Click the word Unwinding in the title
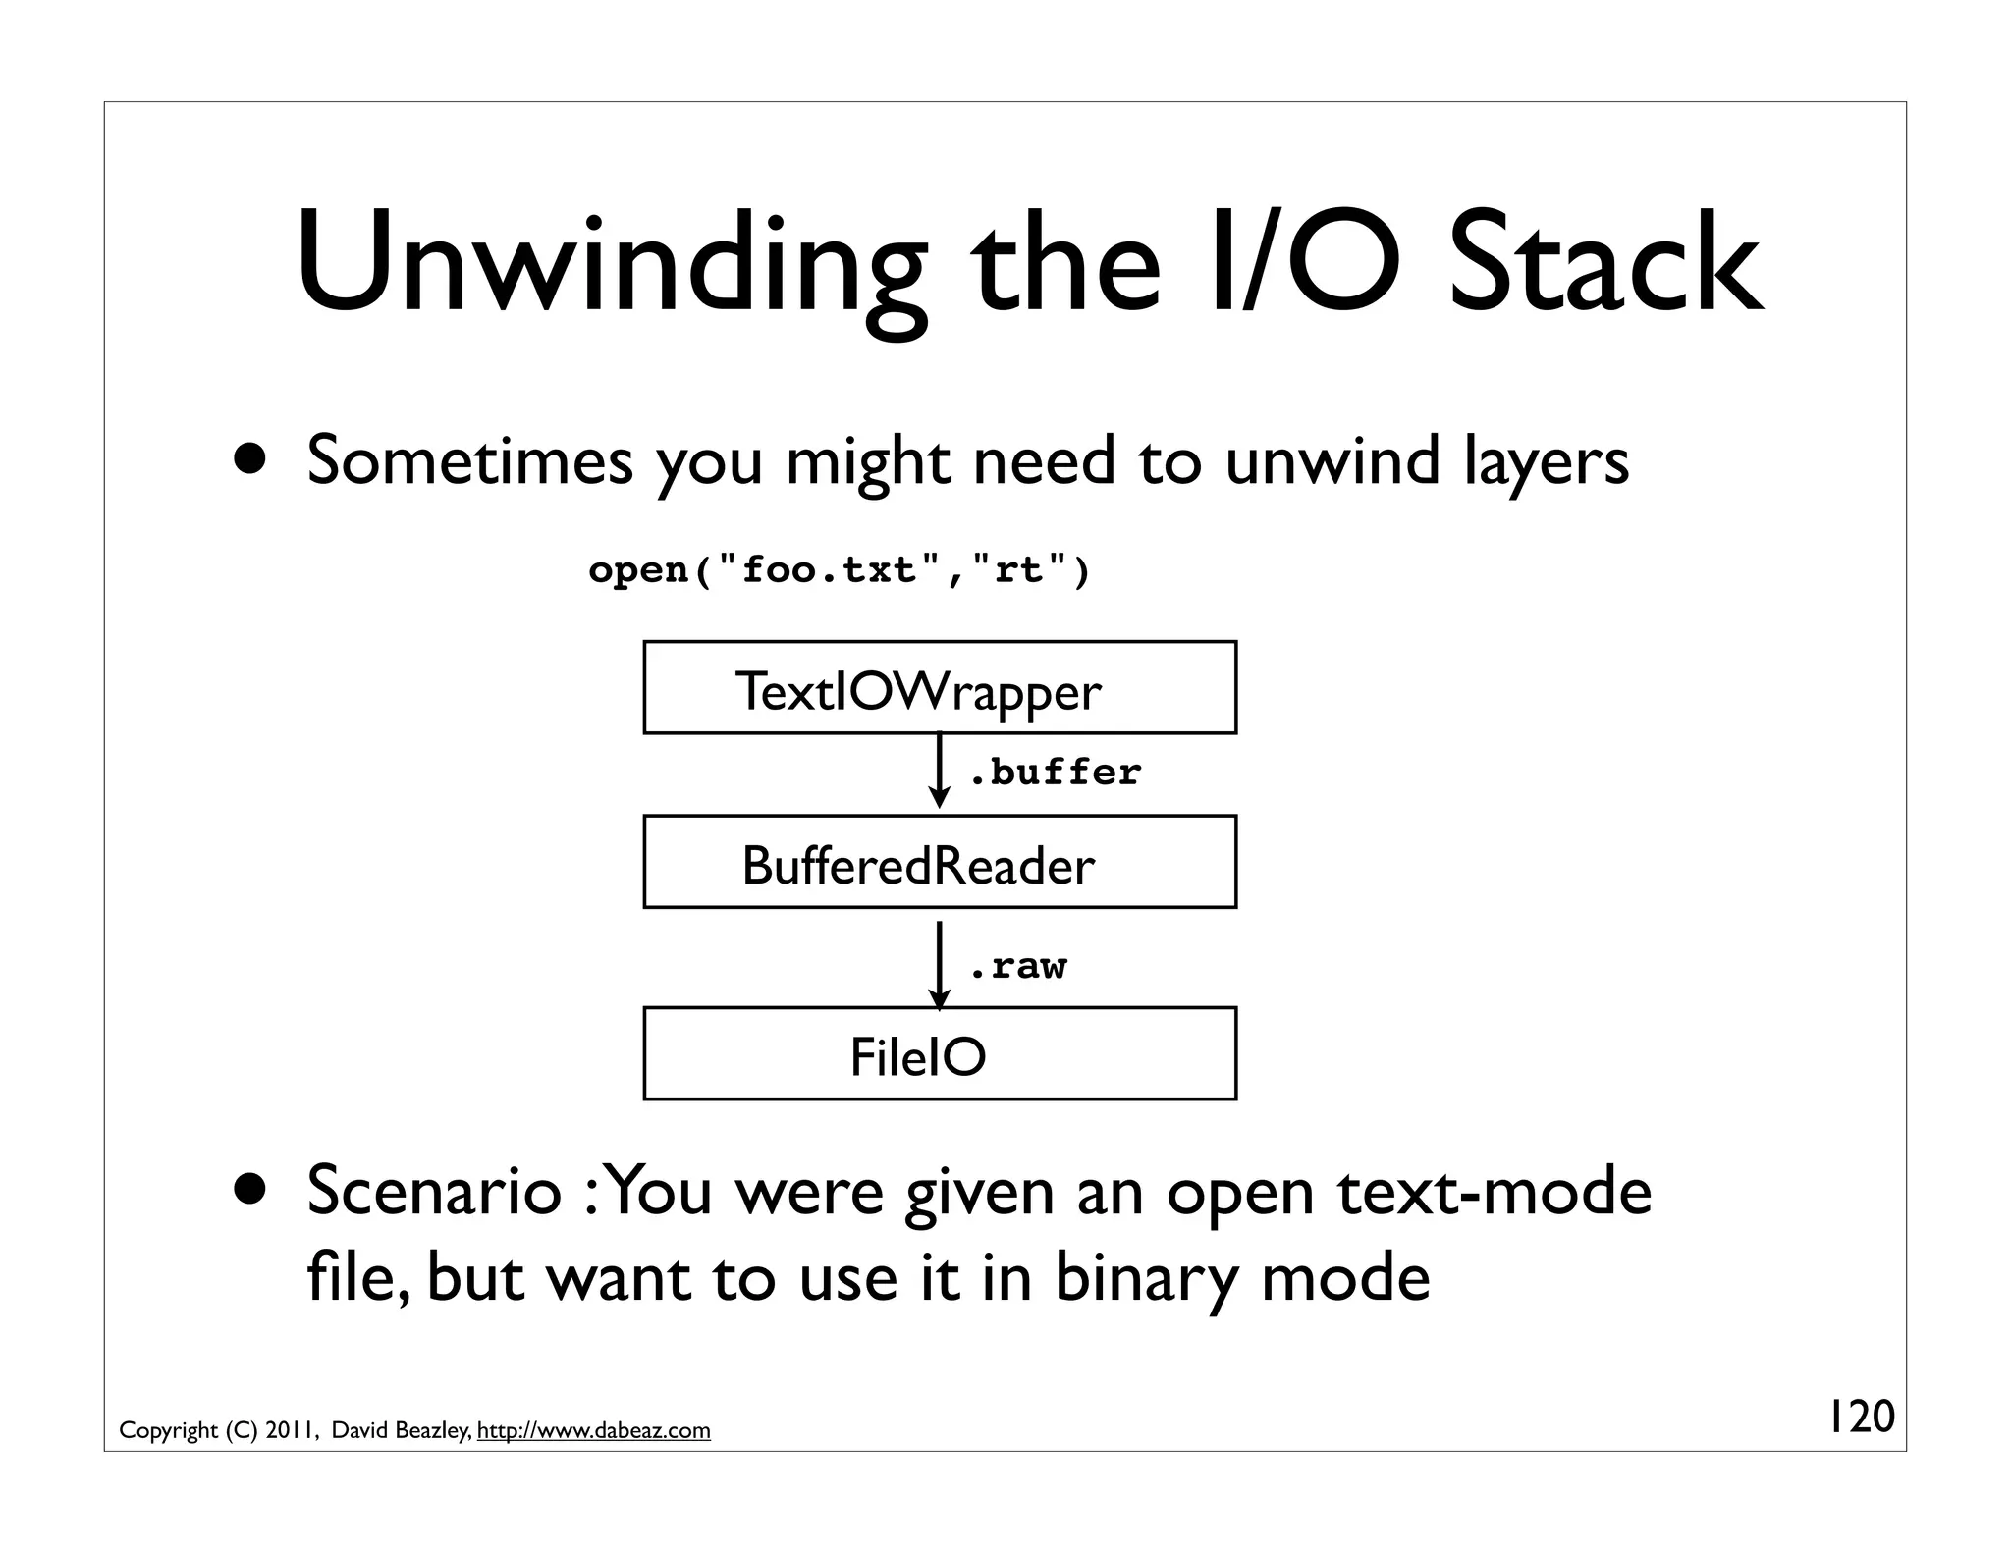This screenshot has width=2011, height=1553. pyautogui.click(x=609, y=265)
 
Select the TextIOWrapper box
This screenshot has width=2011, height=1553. pyautogui.click(x=939, y=688)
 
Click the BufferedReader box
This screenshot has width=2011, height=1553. pyautogui.click(x=939, y=862)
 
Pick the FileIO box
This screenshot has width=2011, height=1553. pyautogui.click(x=939, y=1054)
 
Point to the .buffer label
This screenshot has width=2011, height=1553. pyautogui.click(x=1055, y=773)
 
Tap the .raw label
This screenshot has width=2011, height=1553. pyautogui.click(x=1017, y=966)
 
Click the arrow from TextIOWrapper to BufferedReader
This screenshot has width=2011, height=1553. pyautogui.click(x=940, y=772)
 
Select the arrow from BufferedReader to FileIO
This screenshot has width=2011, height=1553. pyautogui.click(x=940, y=964)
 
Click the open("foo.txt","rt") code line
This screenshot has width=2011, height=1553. pyautogui.click(x=839, y=569)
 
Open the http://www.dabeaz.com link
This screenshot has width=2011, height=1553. pyautogui.click(x=593, y=1430)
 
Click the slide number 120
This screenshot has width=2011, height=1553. pyautogui.click(x=1860, y=1418)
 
